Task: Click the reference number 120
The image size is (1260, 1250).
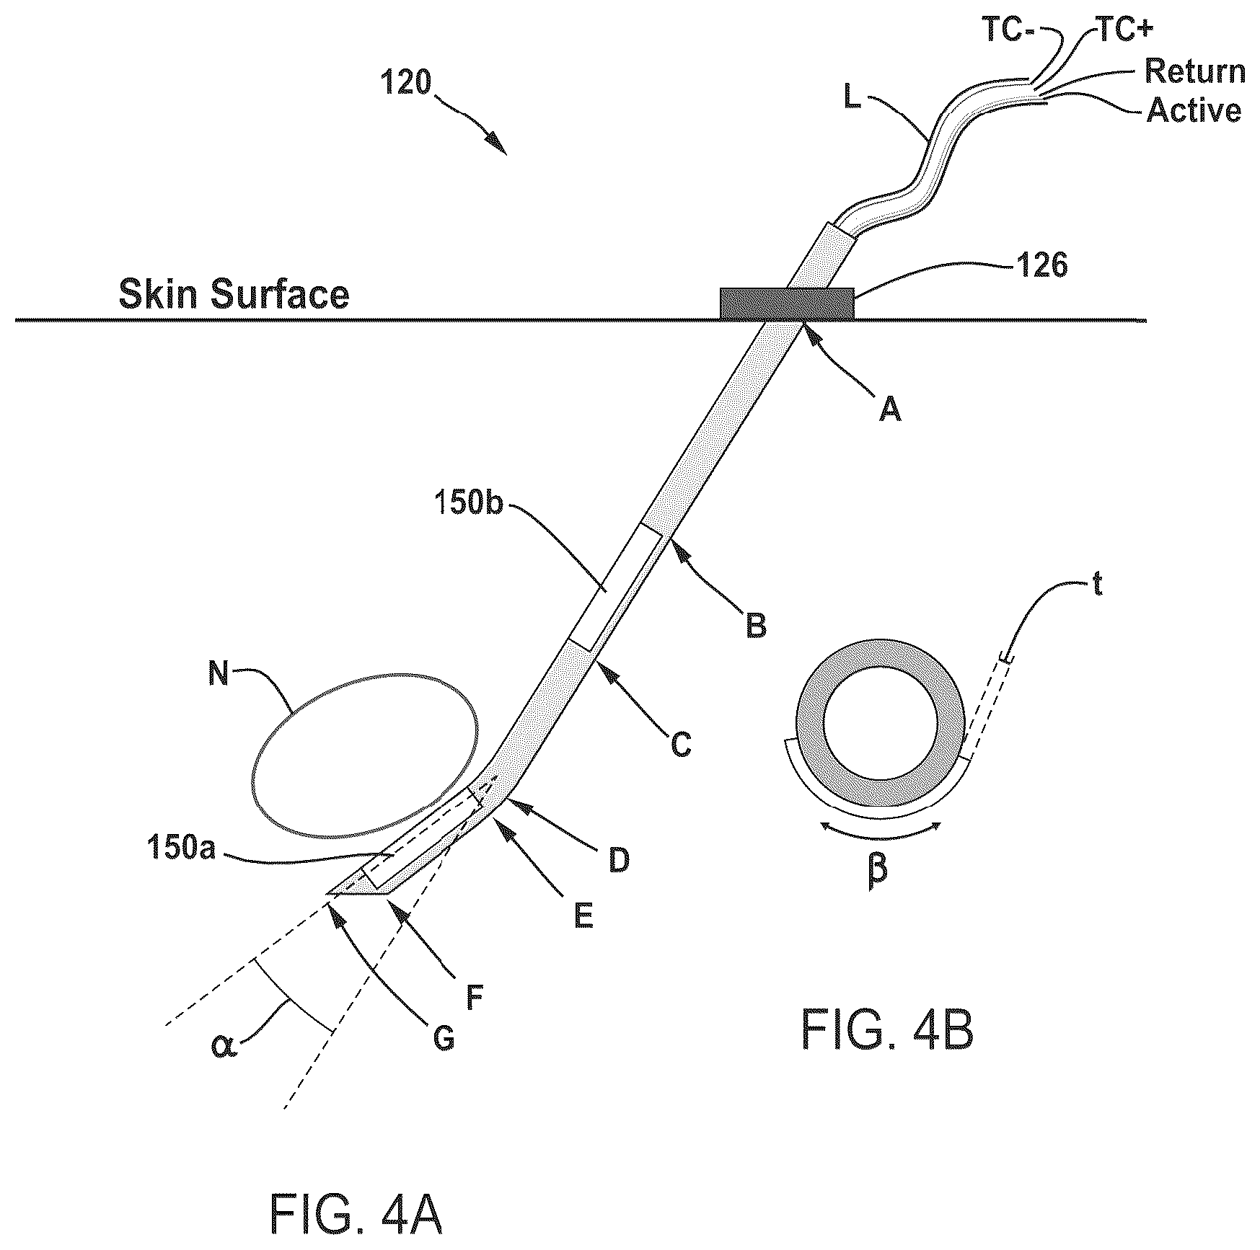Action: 406,84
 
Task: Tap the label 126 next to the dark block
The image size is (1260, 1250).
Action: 1041,266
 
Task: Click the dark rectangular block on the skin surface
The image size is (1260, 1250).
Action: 788,303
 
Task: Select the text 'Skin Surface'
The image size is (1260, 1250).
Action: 234,295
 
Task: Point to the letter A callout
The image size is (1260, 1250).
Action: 889,410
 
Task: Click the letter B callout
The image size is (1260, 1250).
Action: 756,626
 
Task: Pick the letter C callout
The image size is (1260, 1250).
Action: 681,745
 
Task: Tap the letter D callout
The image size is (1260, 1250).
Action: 619,860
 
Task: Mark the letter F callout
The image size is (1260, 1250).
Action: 474,999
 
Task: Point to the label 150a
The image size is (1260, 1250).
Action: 181,849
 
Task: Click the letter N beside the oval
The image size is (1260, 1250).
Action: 219,675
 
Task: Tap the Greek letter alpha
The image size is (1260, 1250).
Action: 222,1045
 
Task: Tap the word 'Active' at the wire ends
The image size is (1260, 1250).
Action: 1194,110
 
